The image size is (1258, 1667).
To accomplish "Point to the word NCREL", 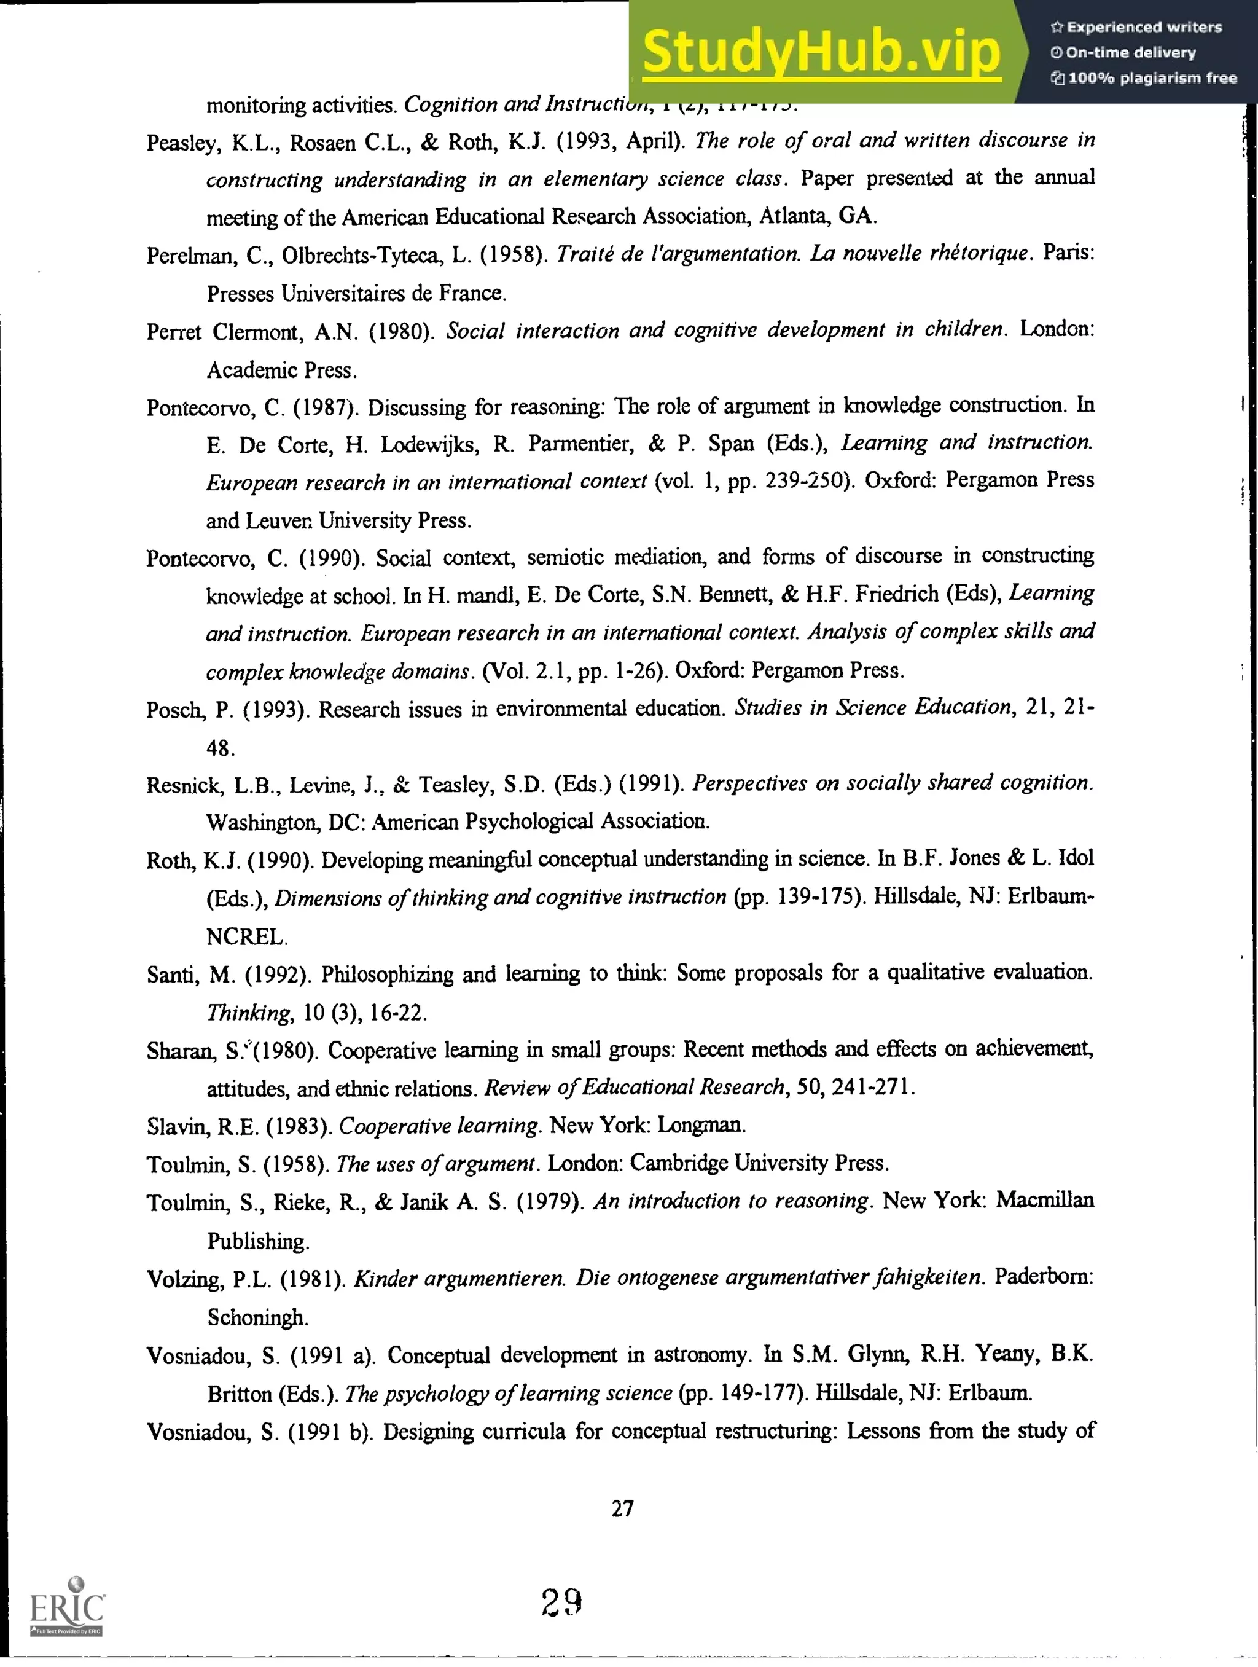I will pyautogui.click(x=246, y=937).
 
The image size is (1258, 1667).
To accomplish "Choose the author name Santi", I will pyautogui.click(x=173, y=975).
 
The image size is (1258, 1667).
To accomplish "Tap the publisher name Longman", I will pyautogui.click(x=701, y=1125).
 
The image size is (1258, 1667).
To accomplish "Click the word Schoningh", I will pyautogui.click(x=257, y=1317).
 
